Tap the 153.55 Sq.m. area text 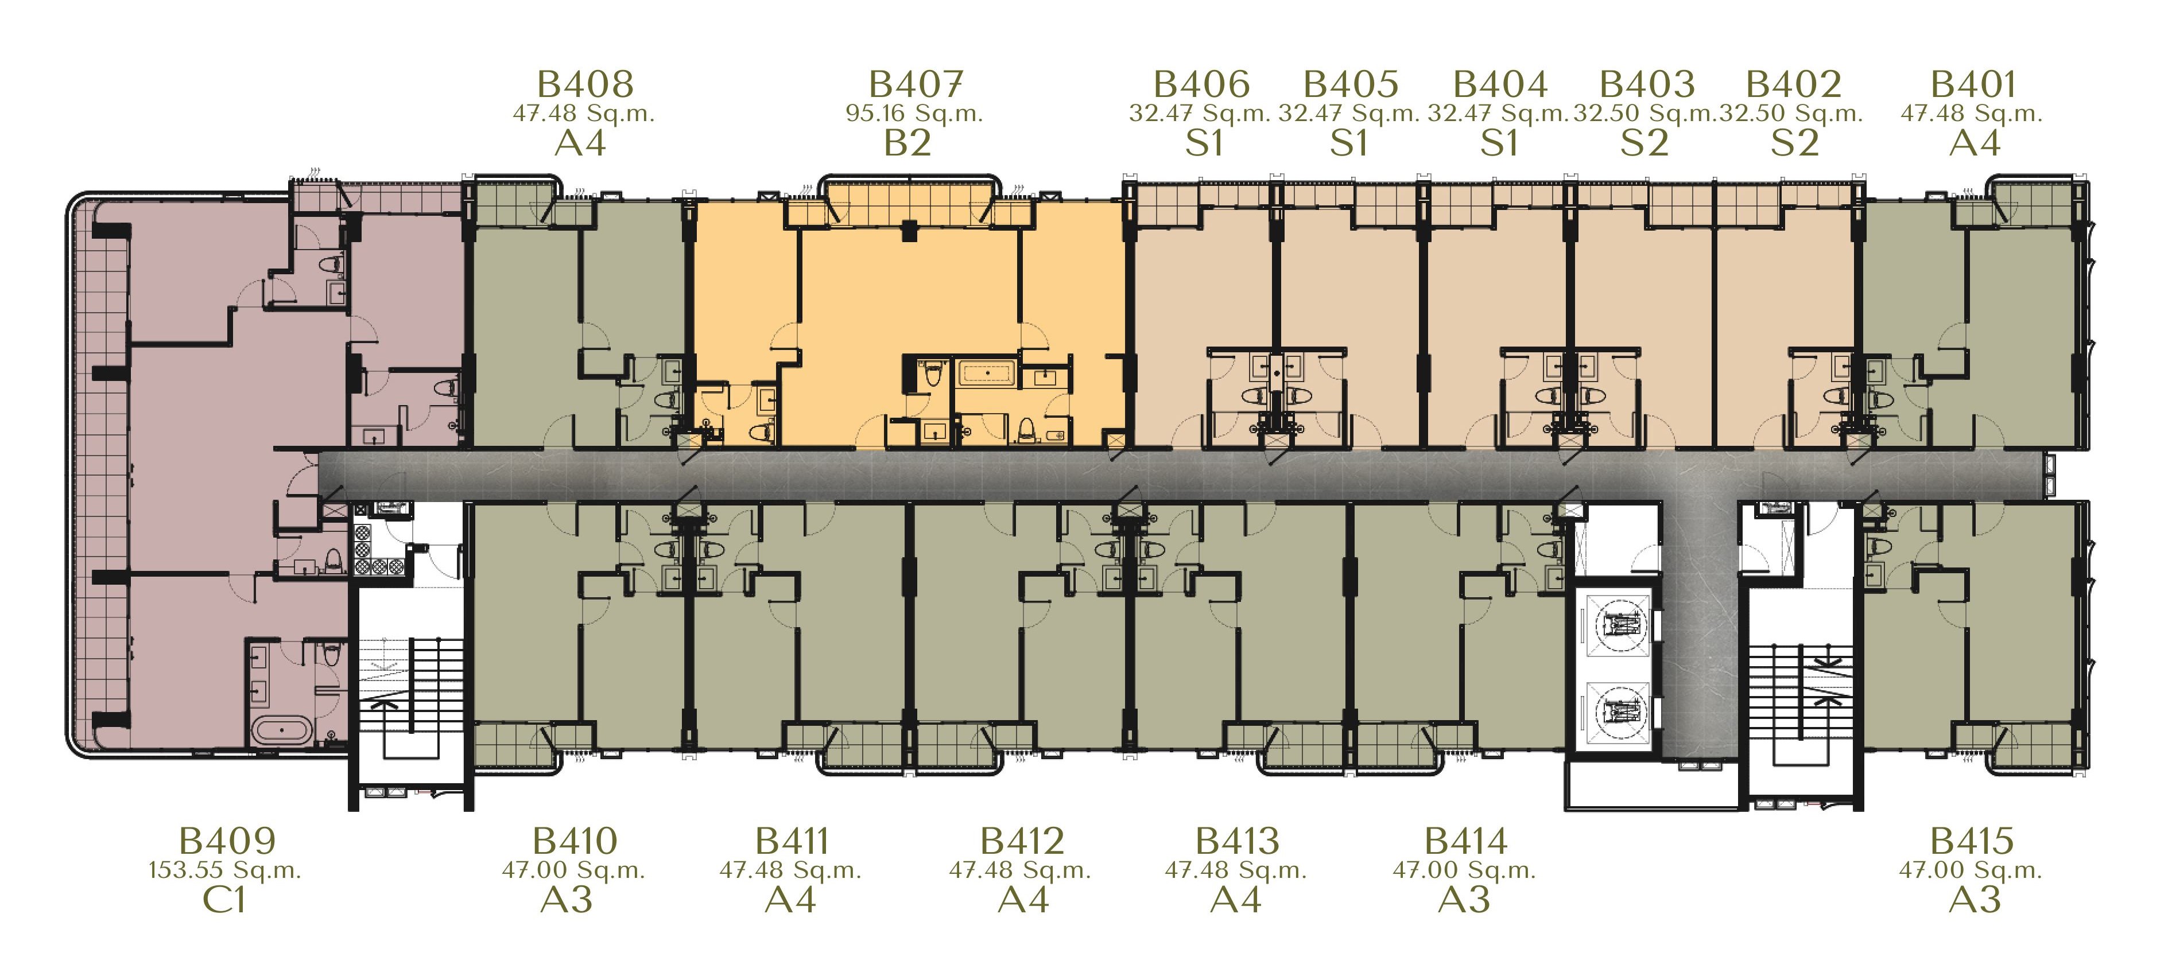[225, 870]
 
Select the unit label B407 [916, 84]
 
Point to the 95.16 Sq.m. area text [915, 113]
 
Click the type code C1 [224, 900]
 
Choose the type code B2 [907, 143]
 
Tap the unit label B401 [1973, 84]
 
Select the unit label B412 [1022, 841]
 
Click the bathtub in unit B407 [986, 372]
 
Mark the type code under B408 [580, 143]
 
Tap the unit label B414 [1465, 841]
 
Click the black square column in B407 [909, 230]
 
